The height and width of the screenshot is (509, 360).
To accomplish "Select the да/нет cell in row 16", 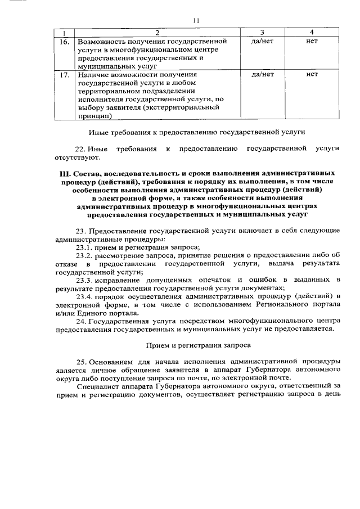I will pos(263,42).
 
